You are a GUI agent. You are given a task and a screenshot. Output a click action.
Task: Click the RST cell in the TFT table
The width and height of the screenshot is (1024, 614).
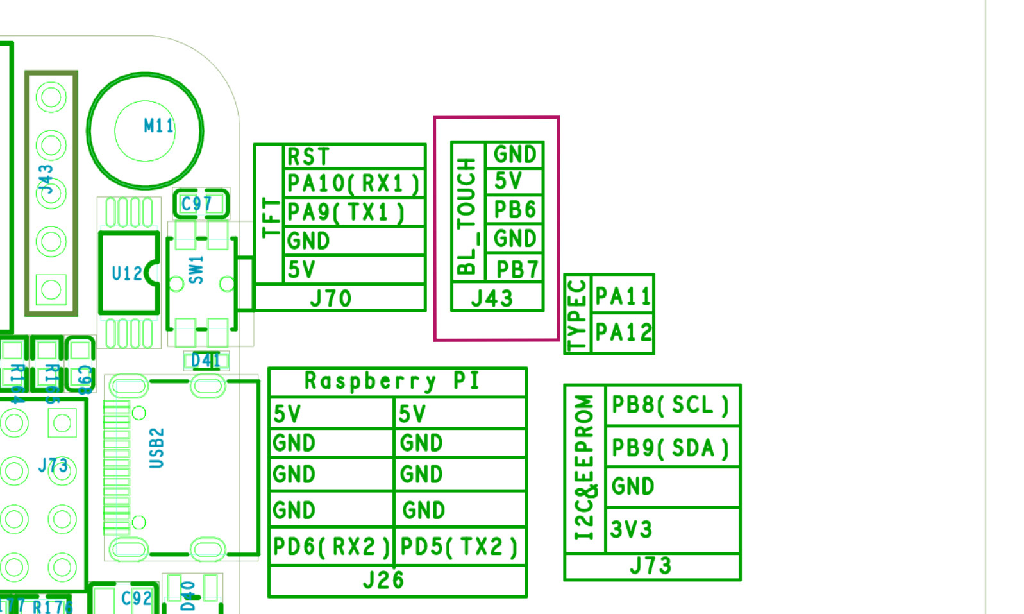[x=308, y=157]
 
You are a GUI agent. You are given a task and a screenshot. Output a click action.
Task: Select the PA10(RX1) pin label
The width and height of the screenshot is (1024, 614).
[x=353, y=184]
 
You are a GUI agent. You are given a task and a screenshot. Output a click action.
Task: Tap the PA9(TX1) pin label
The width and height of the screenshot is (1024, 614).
[x=346, y=212]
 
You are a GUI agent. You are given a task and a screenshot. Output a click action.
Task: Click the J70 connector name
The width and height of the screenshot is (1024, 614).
[x=331, y=299]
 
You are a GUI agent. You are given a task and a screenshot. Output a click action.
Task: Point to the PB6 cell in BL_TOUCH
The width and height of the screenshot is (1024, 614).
[x=514, y=210]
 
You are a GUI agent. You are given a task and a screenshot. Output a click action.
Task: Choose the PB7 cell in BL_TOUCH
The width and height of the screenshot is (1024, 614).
[x=517, y=269]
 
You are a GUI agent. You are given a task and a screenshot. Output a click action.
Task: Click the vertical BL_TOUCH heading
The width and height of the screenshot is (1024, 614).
[x=467, y=217]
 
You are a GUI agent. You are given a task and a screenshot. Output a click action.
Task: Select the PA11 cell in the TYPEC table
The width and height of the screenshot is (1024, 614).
[x=623, y=296]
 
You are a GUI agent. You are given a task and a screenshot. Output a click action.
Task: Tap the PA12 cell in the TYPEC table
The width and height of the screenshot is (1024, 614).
[x=623, y=332]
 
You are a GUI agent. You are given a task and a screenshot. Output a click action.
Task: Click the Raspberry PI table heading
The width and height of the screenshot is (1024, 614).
[x=392, y=381]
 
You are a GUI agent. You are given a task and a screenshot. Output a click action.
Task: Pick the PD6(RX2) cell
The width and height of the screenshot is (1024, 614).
[x=331, y=547]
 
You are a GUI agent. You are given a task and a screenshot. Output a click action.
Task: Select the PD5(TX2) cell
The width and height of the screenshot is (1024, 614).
[x=458, y=547]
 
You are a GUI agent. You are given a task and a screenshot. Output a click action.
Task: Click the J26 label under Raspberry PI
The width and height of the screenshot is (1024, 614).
[x=383, y=580]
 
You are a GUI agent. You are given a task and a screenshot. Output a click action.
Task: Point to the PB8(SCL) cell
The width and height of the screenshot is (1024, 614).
[x=670, y=405]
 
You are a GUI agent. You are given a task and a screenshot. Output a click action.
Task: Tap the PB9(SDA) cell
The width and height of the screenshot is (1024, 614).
[x=670, y=448]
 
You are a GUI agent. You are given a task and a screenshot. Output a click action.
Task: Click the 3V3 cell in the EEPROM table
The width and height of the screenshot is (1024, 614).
[x=632, y=530]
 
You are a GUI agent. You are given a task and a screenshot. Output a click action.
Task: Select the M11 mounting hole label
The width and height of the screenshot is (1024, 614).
[x=158, y=126]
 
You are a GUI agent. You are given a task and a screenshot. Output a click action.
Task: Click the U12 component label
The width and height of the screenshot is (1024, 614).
[x=127, y=274]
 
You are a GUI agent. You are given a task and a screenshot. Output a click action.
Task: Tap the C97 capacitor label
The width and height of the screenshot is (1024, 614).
[x=196, y=205]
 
